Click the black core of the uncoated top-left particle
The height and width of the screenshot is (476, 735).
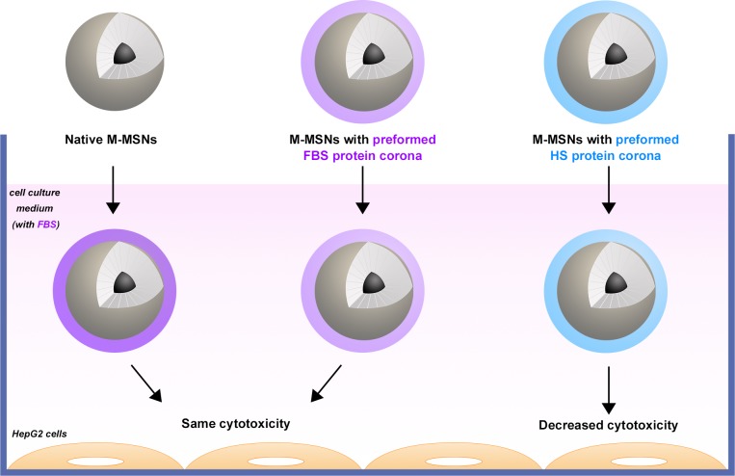pyautogui.click(x=124, y=54)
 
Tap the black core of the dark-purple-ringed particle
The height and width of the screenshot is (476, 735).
pyautogui.click(x=123, y=282)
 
